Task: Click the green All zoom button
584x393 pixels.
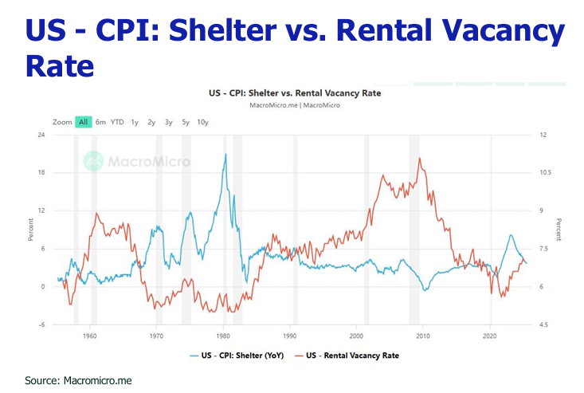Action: pos(83,122)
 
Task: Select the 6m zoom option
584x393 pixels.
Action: pos(100,122)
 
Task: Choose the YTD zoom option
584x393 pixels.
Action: pos(117,122)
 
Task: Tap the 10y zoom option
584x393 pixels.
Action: pos(202,122)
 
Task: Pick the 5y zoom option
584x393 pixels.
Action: pos(185,122)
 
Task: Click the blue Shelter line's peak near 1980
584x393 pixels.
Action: pos(225,154)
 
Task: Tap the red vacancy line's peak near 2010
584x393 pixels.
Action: pos(419,158)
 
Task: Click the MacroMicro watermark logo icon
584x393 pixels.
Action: pos(94,161)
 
